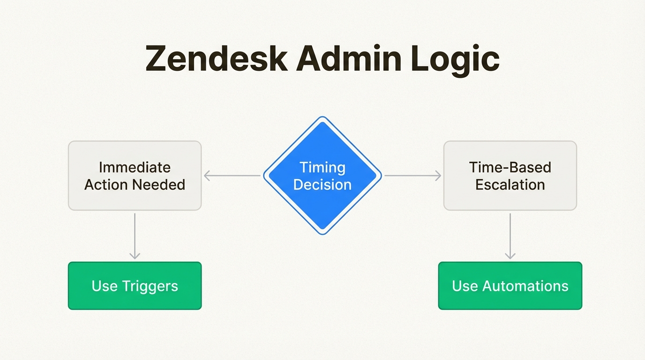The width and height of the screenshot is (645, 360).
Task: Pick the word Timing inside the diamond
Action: pos(322,167)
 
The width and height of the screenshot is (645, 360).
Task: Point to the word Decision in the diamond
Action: pos(322,184)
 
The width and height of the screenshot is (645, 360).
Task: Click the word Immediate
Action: pos(135,167)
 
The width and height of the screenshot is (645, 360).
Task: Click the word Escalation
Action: pos(510,184)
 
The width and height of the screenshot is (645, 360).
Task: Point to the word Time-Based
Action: pos(510,167)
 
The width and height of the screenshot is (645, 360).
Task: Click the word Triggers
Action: pos(150,286)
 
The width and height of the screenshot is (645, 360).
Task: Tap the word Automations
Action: pos(525,286)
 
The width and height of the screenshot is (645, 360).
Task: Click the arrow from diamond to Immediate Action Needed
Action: pos(232,176)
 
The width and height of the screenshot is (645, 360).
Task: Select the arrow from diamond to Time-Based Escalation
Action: pos(412,176)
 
